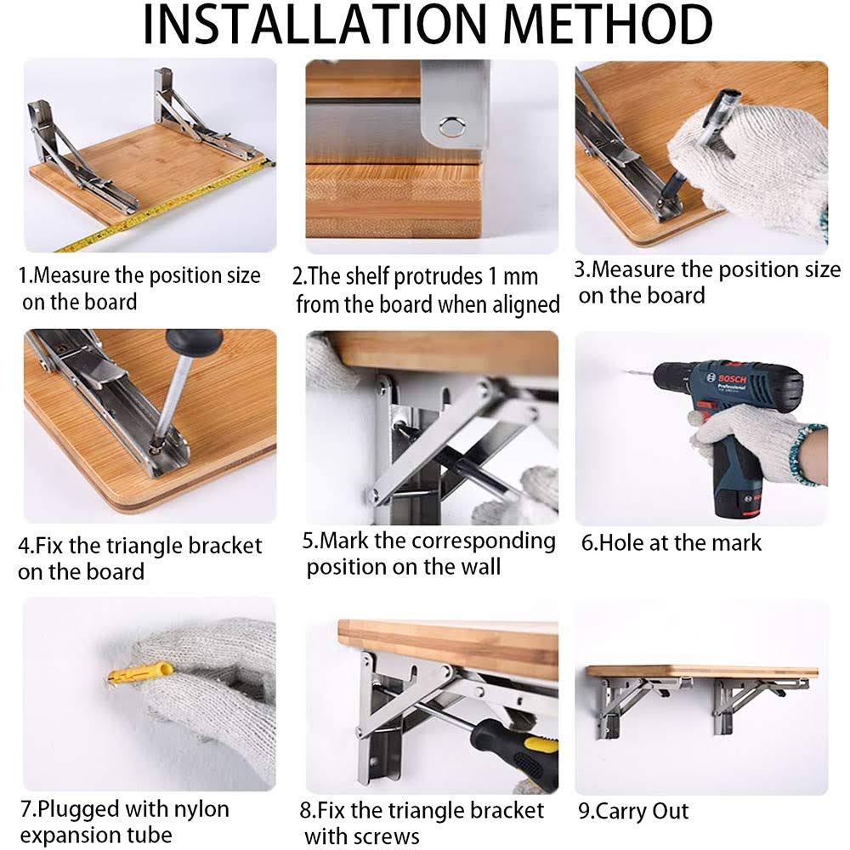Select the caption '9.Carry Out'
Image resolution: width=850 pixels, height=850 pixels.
[x=633, y=810]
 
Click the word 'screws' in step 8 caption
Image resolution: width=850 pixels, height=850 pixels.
[x=382, y=836]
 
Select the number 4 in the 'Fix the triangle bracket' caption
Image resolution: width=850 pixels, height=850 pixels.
[x=25, y=546]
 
